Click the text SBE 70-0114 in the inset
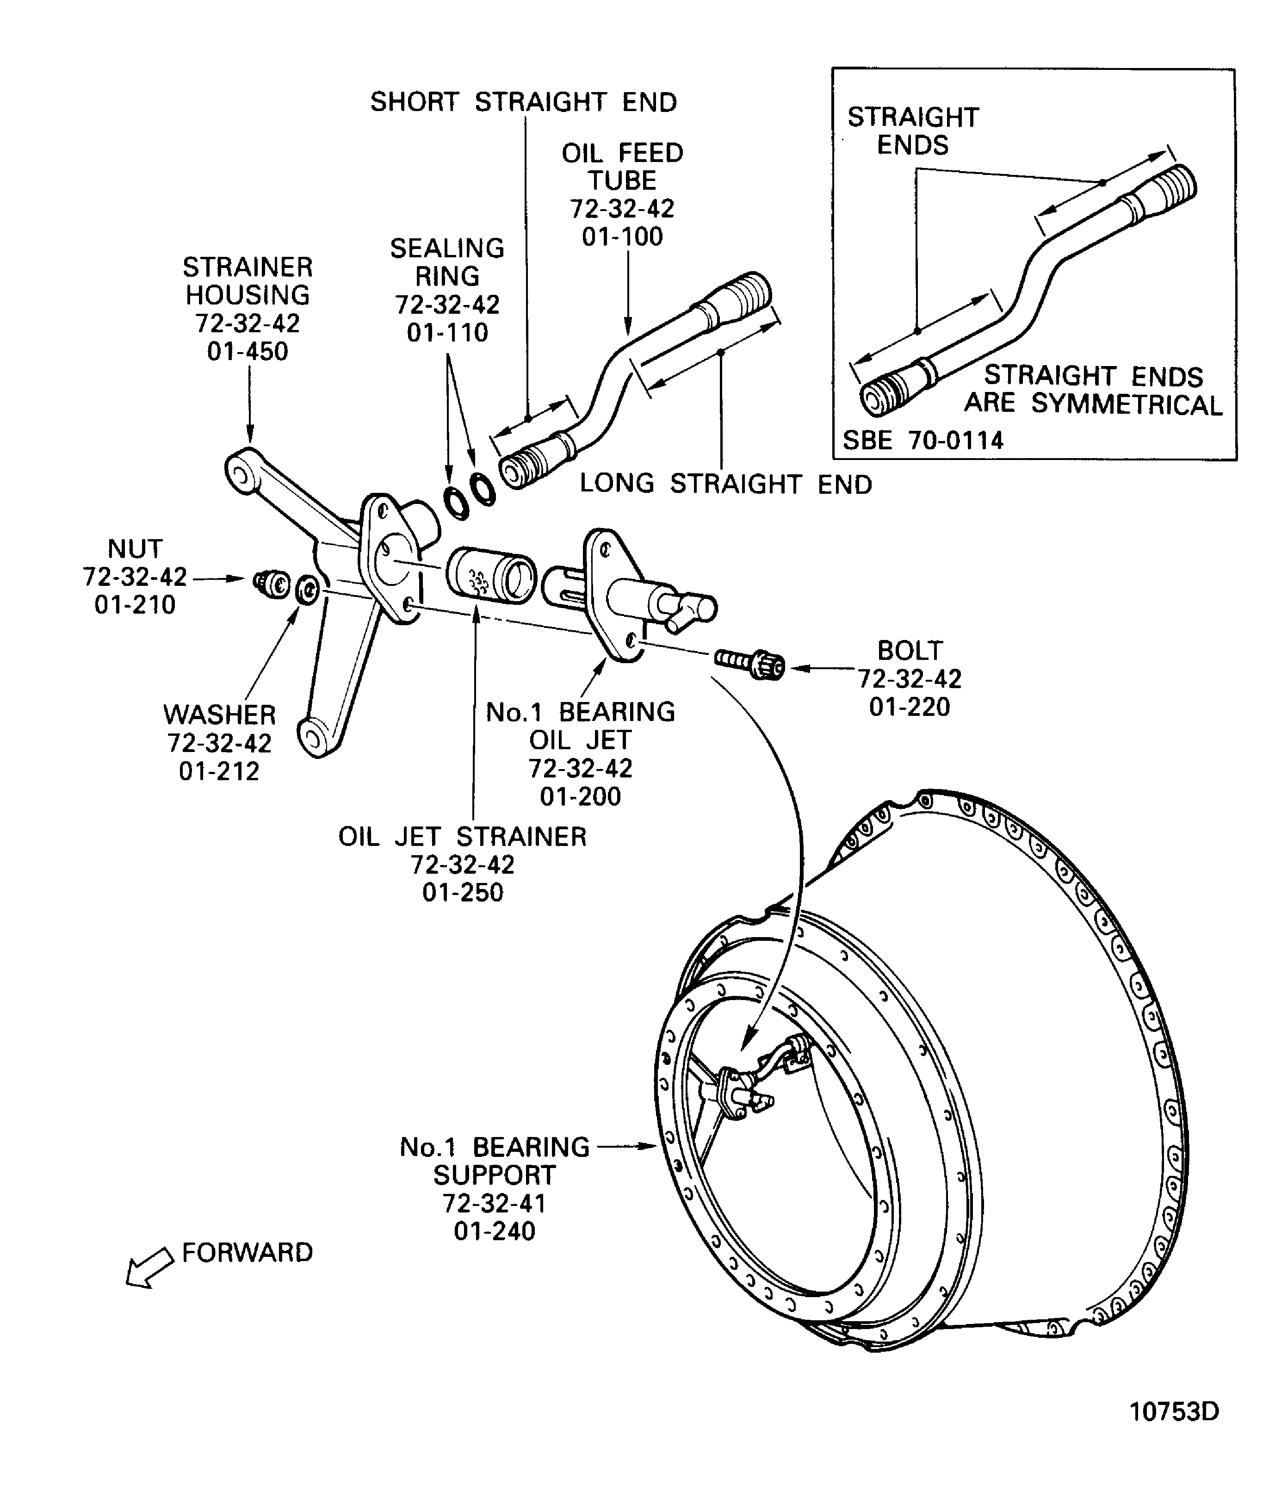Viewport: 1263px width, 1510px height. [922, 440]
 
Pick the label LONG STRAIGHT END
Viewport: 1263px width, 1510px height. [726, 484]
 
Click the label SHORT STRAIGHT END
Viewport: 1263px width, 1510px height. [523, 102]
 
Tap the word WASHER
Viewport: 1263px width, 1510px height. [219, 715]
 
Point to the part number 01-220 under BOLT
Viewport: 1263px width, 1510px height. [910, 707]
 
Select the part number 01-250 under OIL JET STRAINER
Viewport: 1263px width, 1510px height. [463, 892]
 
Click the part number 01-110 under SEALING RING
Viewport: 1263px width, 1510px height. [447, 333]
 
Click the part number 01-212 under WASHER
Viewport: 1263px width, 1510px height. [219, 771]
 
